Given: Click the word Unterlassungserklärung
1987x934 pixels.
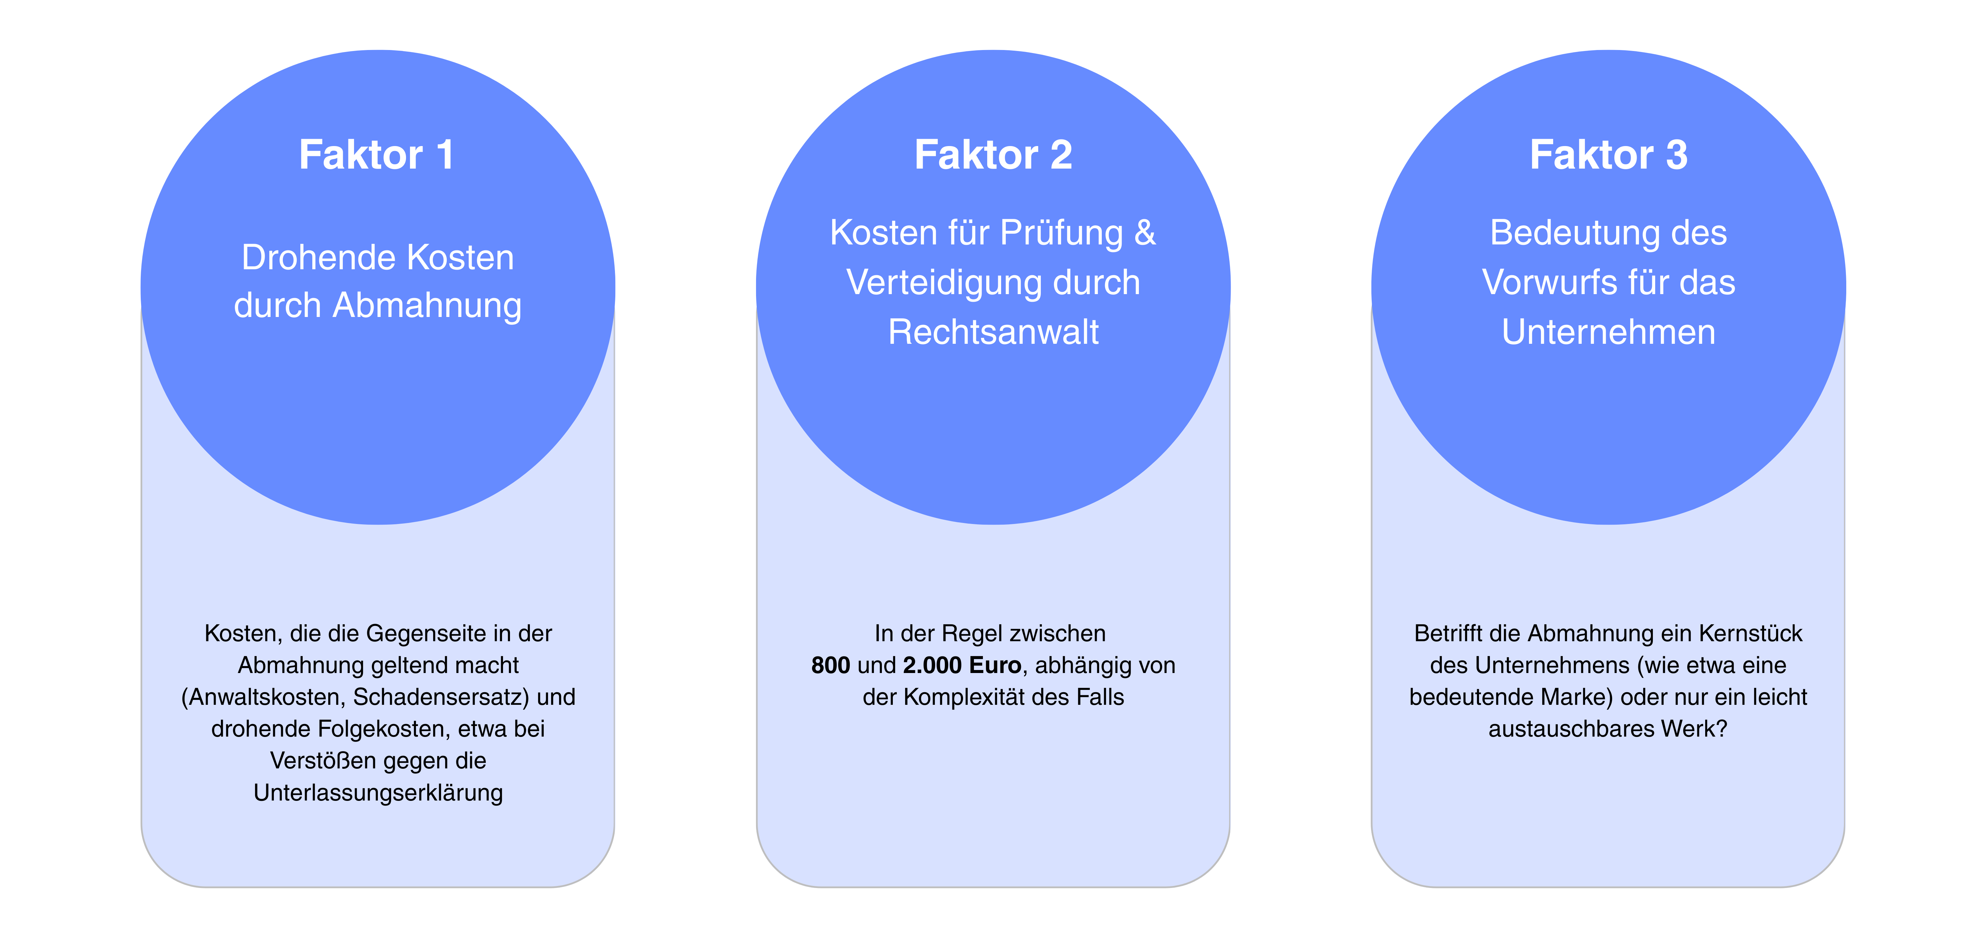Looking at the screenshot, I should pos(378,793).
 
